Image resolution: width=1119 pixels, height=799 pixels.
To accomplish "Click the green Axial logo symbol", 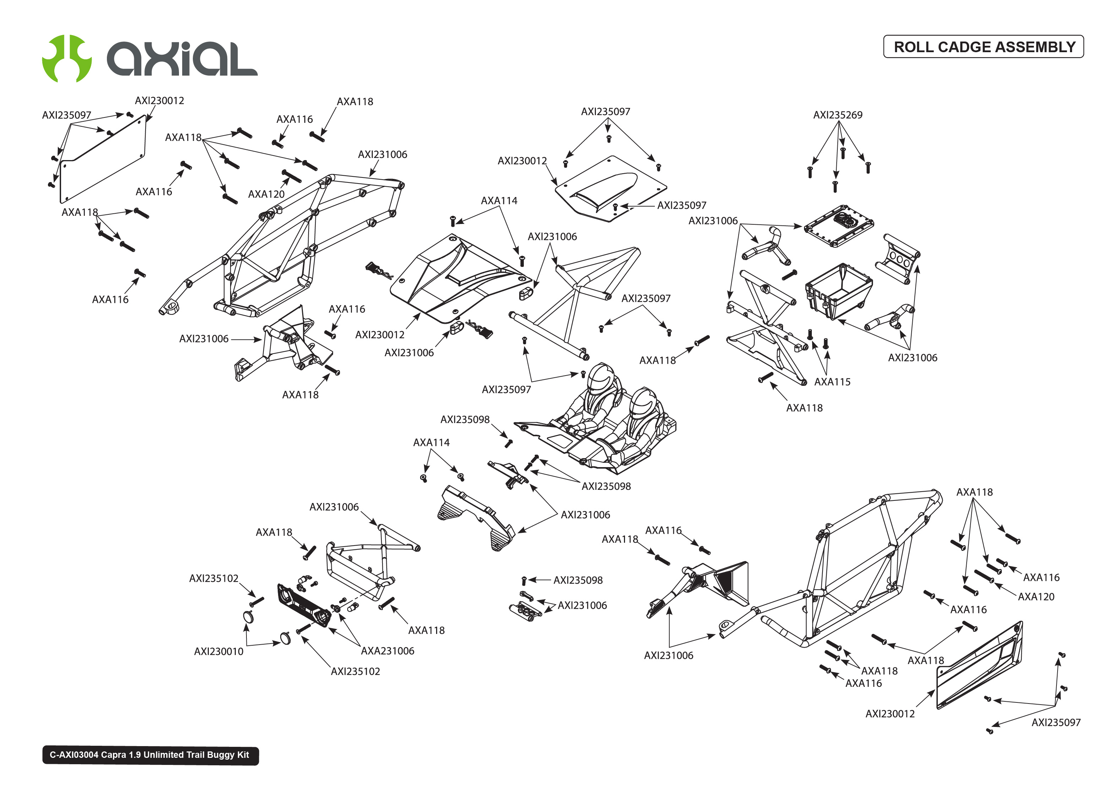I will pos(66,59).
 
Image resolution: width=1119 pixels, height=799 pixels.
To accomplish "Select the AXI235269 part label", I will pos(837,115).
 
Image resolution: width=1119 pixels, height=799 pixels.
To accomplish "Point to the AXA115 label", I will pos(832,382).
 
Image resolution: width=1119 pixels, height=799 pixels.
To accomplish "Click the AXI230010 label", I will pos(218,651).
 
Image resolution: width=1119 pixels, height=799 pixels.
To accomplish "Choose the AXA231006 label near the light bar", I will pos(387,651).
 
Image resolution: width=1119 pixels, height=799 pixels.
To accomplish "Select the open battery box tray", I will pos(838,291).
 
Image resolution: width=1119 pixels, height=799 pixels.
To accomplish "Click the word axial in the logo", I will pos(182,59).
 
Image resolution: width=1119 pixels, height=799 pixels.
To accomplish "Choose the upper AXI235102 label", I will pos(213,579).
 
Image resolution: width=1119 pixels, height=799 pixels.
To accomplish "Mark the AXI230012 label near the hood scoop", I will pos(522,161).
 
